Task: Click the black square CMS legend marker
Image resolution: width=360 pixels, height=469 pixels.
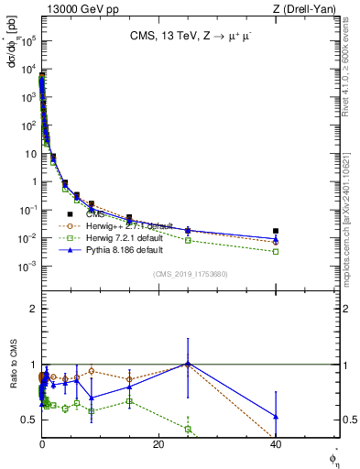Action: [70, 214]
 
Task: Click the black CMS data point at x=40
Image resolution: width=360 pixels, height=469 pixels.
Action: [276, 231]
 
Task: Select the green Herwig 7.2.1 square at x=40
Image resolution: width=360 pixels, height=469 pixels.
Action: [276, 251]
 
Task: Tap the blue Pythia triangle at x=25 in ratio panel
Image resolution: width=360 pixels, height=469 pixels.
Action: [188, 364]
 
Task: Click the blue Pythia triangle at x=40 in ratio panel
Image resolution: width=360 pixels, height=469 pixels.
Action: [276, 417]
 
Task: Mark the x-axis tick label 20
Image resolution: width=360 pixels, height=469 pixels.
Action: [158, 444]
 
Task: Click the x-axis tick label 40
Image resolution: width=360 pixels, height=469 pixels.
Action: [276, 444]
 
